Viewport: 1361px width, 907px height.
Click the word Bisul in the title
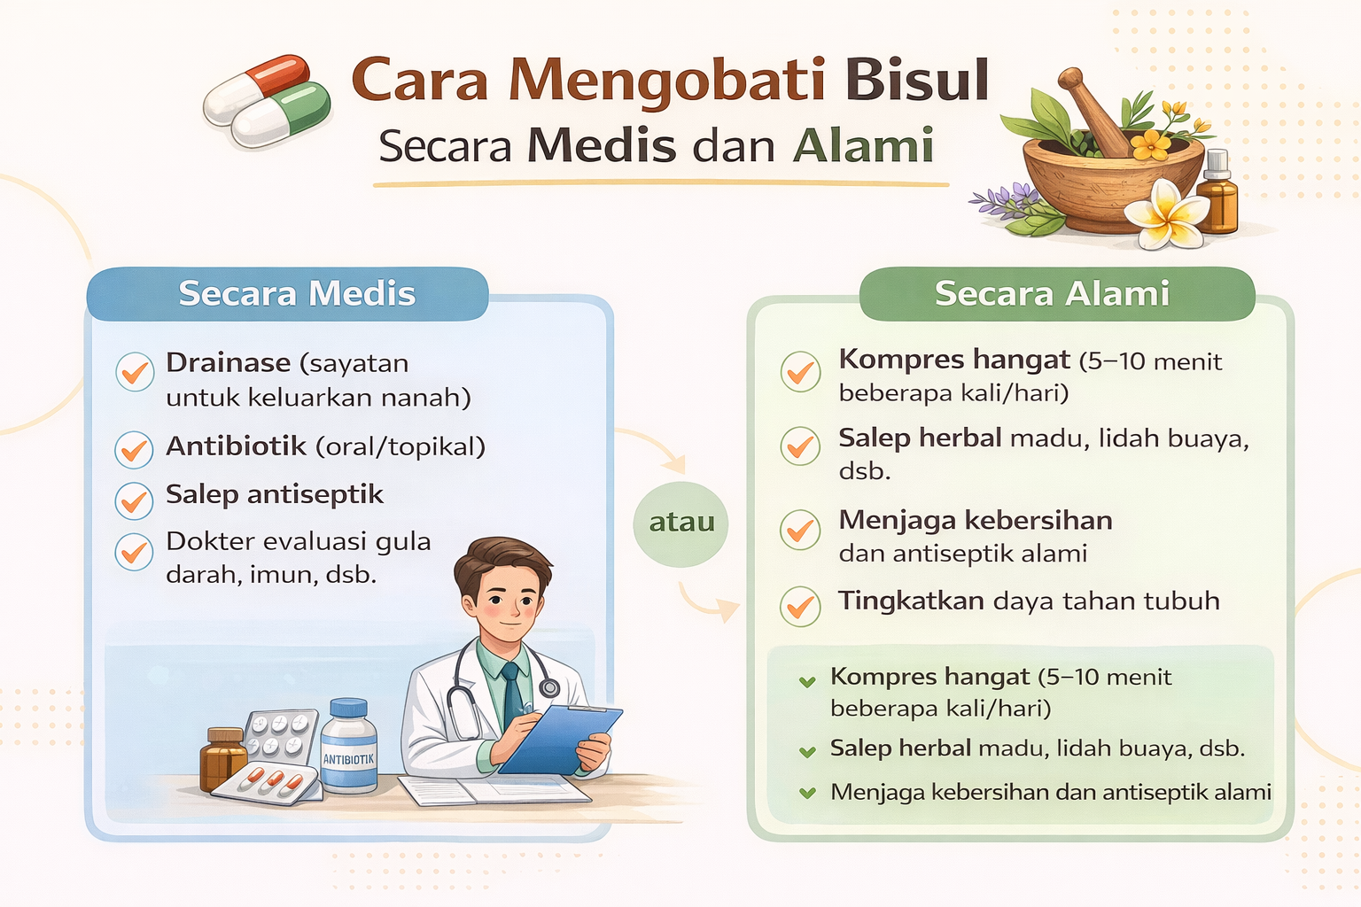[916, 81]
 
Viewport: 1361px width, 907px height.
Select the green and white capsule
[282, 114]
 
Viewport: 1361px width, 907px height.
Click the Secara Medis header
[297, 293]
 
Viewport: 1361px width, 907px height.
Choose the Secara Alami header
[1052, 293]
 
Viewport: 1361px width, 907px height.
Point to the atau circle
[681, 523]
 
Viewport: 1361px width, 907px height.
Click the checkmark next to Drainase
[135, 372]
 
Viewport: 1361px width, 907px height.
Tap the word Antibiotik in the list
[236, 446]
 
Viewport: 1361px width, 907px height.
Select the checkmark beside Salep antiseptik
[134, 501]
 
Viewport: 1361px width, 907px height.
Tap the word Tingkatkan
[911, 601]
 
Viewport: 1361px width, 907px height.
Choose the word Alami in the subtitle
[863, 145]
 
